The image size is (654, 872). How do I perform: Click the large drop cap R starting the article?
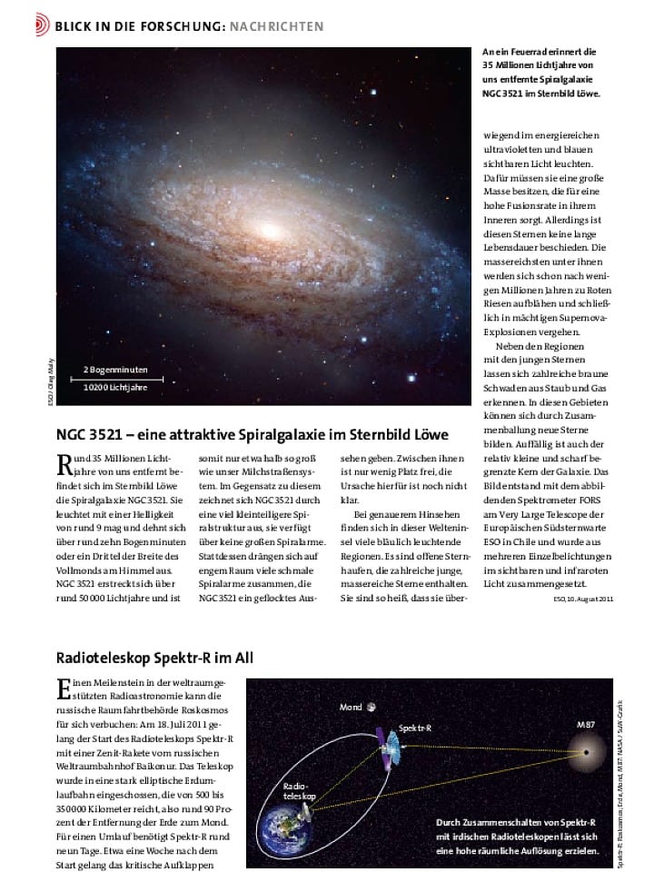pos(64,465)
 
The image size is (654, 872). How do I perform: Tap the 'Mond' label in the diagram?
pos(351,706)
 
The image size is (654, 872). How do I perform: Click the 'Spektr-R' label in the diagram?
pos(416,728)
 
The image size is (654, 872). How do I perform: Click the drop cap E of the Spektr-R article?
pos(63,688)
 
